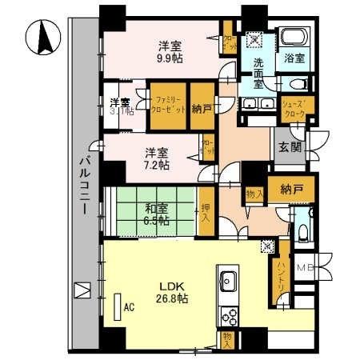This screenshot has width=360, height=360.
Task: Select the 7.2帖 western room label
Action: [x=156, y=165]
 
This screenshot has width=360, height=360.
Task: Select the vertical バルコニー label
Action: [x=82, y=182]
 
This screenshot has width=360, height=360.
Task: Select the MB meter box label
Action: [x=306, y=269]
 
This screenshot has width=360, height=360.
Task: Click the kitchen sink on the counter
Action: [x=226, y=281]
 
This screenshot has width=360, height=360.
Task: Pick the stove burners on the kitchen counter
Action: [x=226, y=313]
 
